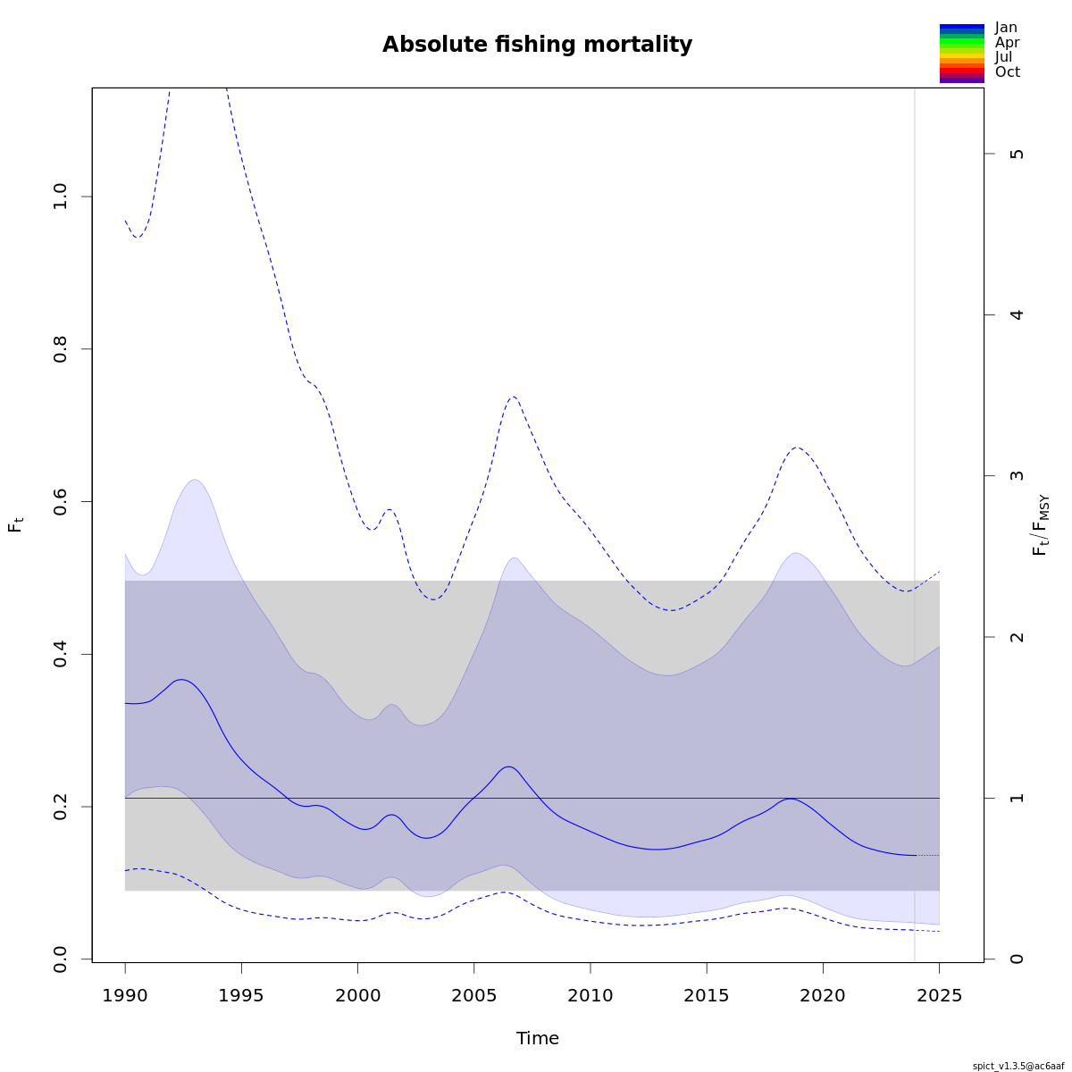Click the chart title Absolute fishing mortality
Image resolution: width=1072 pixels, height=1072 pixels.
tap(537, 45)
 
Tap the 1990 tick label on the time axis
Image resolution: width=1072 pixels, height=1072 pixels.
tap(125, 995)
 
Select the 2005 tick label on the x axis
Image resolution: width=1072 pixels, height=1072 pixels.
tap(473, 995)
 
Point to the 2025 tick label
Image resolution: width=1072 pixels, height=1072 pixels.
tap(939, 995)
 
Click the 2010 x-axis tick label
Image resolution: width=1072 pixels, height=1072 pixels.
tap(590, 995)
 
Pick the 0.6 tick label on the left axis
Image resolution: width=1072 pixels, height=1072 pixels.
tap(61, 501)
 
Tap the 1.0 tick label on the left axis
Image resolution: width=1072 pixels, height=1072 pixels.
tap(61, 197)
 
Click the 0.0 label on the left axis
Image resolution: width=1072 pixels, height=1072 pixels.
tap(61, 959)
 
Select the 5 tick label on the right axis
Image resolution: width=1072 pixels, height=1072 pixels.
tap(1016, 154)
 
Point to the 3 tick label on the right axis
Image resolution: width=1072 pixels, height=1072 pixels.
tap(1016, 475)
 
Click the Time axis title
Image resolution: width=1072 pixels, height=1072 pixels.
tap(537, 1038)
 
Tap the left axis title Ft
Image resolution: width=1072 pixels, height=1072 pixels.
tap(15, 524)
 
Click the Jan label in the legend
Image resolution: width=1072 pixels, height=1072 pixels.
tap(1006, 28)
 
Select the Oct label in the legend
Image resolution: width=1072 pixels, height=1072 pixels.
tap(1007, 72)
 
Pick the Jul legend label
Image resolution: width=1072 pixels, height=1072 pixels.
tap(1004, 57)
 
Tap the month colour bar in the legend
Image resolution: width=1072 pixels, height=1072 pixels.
tap(961, 54)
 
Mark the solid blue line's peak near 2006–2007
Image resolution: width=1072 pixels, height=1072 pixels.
tap(508, 766)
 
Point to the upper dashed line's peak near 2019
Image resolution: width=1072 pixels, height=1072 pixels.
tap(796, 448)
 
